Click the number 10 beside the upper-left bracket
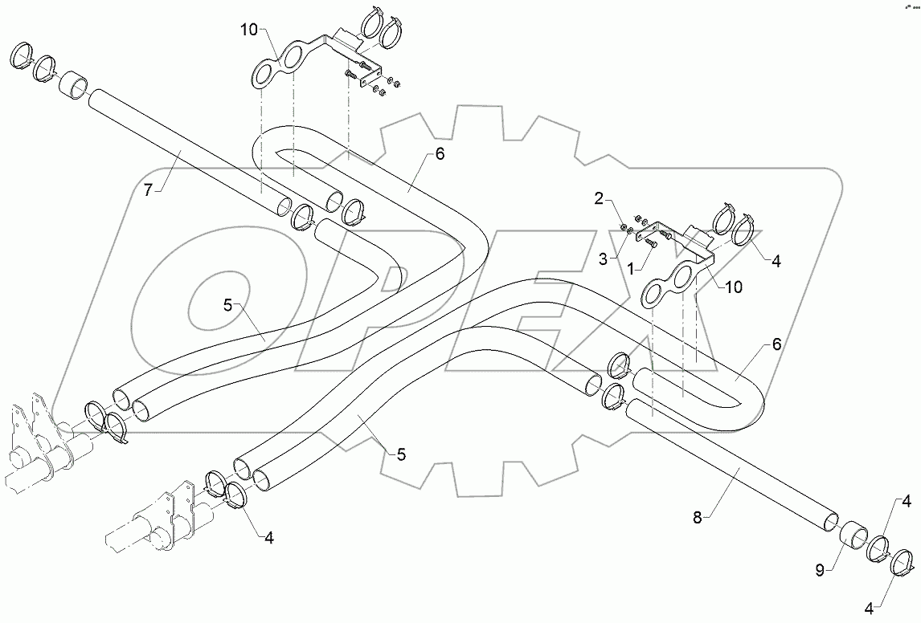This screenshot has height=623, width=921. (248, 31)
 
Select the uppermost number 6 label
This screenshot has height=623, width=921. (439, 155)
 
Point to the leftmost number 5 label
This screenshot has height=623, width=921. (227, 303)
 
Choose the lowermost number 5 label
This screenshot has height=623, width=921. (401, 454)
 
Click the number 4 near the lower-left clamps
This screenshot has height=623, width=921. (269, 538)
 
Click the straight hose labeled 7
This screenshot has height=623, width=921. (185, 153)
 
